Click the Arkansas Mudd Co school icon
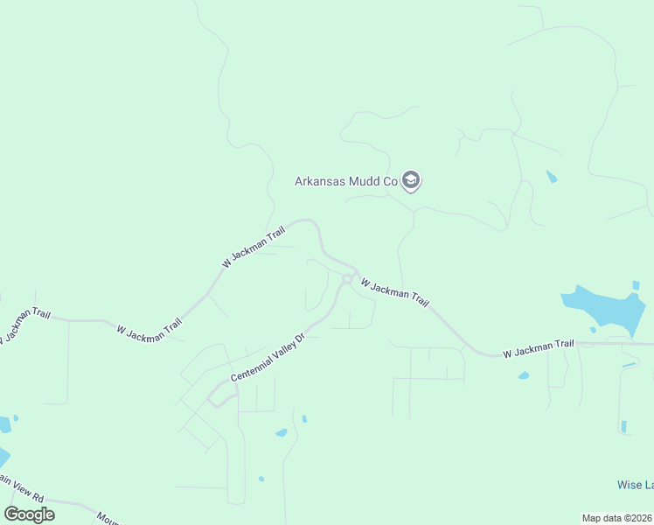pos(411,181)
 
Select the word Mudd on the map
pos(365,182)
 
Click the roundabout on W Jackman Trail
pos(347,279)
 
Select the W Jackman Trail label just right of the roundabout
pos(394,293)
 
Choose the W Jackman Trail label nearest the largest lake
pos(538,348)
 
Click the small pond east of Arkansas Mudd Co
pos(551,178)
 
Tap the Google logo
pos(29,514)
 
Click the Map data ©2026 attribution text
pos(616,517)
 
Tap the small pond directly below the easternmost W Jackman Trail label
pos(523,375)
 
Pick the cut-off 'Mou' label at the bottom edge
pos(108,518)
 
